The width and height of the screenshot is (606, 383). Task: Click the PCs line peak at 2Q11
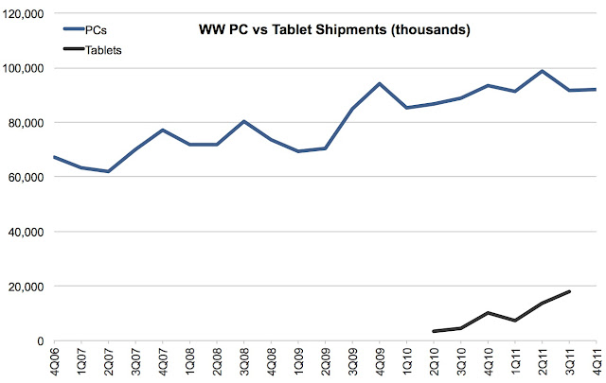tap(542, 71)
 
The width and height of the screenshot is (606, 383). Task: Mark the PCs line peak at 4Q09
tap(380, 83)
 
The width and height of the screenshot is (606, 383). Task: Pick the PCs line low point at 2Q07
tap(109, 171)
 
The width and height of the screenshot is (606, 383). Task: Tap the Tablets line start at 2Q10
tap(434, 331)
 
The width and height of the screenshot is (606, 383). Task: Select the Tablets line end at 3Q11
tap(569, 291)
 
